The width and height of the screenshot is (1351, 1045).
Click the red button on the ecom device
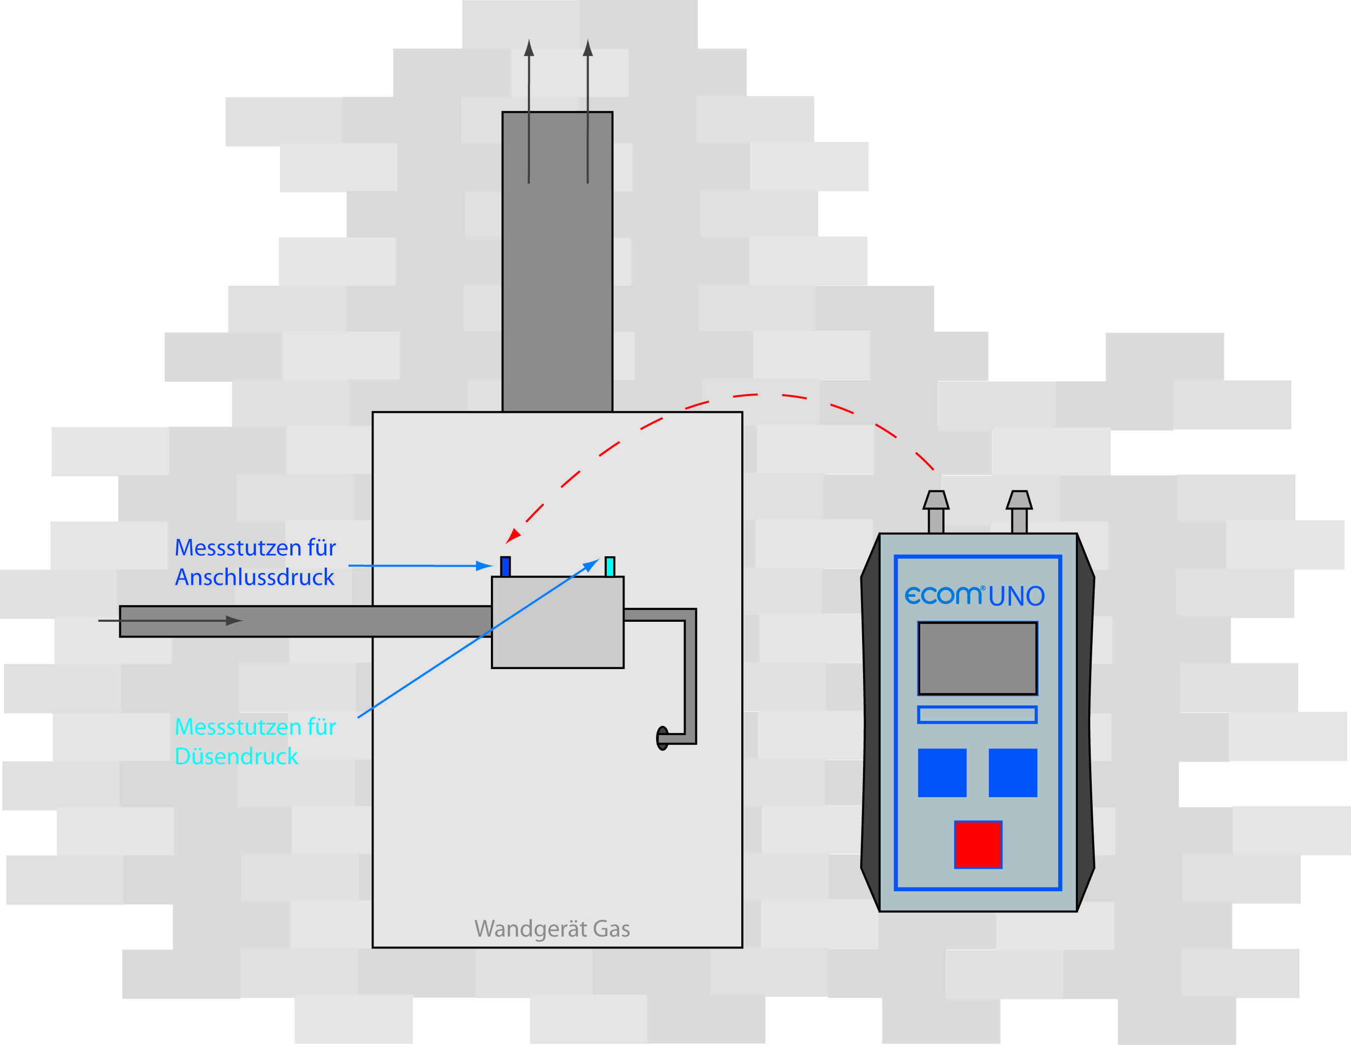pyautogui.click(x=978, y=844)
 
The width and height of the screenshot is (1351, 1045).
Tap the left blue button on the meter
pyautogui.click(x=941, y=773)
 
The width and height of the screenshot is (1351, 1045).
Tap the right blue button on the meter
pyautogui.click(x=1012, y=773)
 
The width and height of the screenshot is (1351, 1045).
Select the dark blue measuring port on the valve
pyautogui.click(x=505, y=567)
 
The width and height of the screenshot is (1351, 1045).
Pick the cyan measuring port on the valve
pyautogui.click(x=609, y=567)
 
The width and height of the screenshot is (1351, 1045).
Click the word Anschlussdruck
pyautogui.click(x=254, y=577)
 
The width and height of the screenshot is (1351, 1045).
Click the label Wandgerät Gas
pyautogui.click(x=552, y=929)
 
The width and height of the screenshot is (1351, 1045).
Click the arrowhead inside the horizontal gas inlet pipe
pyautogui.click(x=234, y=620)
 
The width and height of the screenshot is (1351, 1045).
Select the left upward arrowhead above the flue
pyautogui.click(x=529, y=48)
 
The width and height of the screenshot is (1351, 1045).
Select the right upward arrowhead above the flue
pyautogui.click(x=588, y=48)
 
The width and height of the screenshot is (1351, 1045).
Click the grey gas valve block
pyautogui.click(x=557, y=622)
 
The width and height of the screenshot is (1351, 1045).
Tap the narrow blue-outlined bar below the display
pyautogui.click(x=977, y=715)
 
